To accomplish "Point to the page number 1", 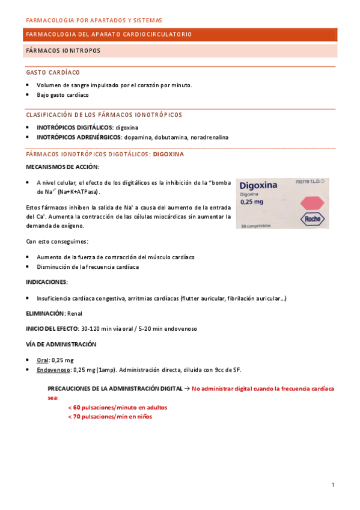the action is [332, 485].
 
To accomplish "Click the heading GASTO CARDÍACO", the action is [53, 72].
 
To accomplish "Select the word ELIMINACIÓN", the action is [44, 313].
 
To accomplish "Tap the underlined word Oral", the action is [43, 360].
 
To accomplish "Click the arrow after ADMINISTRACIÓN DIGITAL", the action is [187, 389].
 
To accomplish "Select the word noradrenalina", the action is [209, 137].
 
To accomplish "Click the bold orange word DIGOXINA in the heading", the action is [169, 154].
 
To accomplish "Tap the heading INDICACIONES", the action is [46, 281].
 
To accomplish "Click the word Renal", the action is [75, 313].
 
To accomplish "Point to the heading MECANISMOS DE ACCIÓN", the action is [63, 166].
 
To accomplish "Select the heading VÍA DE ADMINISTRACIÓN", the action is [61, 344].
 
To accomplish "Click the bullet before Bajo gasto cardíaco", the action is [28, 95].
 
